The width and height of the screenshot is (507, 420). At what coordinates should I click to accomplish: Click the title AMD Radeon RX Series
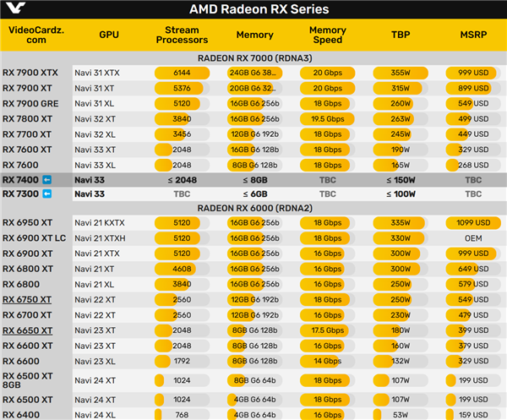[x=253, y=9]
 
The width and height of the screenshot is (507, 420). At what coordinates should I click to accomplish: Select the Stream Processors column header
[x=182, y=35]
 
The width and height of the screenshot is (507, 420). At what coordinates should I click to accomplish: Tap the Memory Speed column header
[x=327, y=35]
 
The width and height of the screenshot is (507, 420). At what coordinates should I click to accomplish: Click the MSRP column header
[x=473, y=35]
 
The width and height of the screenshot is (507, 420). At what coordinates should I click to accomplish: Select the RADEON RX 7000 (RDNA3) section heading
[x=253, y=58]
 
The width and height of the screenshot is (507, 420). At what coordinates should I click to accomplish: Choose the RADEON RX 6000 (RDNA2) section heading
[x=253, y=208]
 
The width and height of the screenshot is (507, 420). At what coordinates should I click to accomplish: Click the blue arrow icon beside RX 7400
[x=47, y=180]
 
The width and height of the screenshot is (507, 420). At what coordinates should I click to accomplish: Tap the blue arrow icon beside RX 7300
[x=47, y=194]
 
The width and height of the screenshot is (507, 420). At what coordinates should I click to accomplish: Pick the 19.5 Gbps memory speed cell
[x=327, y=119]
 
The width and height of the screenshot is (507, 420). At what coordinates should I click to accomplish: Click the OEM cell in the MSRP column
[x=473, y=238]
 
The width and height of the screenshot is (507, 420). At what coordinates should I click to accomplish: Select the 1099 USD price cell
[x=473, y=223]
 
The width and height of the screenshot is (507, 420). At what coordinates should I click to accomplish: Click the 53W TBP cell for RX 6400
[x=400, y=414]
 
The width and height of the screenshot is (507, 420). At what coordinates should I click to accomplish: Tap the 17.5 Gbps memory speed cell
[x=327, y=330]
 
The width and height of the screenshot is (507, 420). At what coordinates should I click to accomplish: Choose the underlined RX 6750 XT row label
[x=27, y=300]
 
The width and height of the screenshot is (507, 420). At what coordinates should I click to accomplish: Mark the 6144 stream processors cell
[x=182, y=74]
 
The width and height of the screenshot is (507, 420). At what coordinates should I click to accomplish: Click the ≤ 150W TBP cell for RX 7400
[x=400, y=180]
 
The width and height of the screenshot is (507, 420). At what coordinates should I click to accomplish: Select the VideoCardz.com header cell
[x=35, y=35]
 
